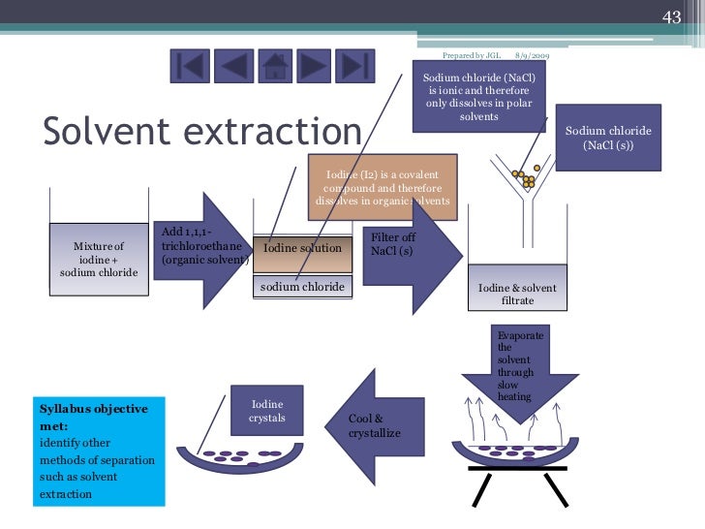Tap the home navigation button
point(274,66)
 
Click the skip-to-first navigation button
point(191,66)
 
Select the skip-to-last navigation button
point(355,66)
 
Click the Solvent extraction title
point(201,131)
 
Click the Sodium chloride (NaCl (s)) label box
point(608,137)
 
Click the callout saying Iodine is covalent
point(382,186)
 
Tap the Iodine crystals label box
point(267,411)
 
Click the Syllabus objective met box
point(97,451)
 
